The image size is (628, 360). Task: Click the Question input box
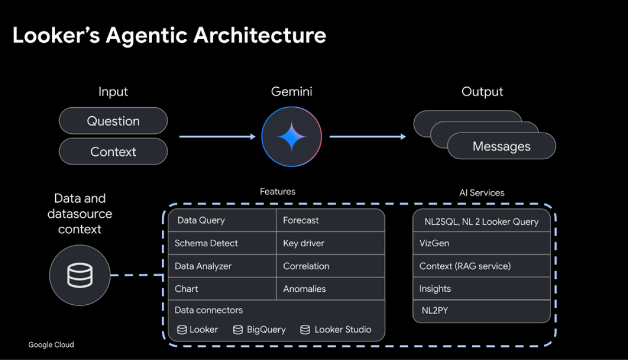click(x=113, y=121)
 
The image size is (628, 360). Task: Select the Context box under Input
click(x=113, y=152)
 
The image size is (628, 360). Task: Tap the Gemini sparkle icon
click(x=291, y=136)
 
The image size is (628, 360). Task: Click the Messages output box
click(x=501, y=146)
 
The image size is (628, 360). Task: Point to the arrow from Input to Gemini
click(x=217, y=136)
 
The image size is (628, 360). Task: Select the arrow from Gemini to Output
click(x=368, y=136)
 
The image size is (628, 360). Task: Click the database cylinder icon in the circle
click(x=80, y=275)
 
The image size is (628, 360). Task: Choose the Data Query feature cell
click(x=222, y=220)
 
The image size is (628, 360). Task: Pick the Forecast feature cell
click(x=330, y=220)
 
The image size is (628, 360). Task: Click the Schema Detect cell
click(x=222, y=243)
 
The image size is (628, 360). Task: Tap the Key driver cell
click(x=330, y=243)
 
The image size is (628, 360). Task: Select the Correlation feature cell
click(x=330, y=266)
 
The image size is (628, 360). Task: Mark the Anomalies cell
click(x=330, y=289)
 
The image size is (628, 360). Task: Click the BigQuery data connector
click(x=259, y=329)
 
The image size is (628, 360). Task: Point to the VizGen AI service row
click(x=481, y=243)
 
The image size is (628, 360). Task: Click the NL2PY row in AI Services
click(x=481, y=311)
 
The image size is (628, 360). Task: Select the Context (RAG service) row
click(x=481, y=266)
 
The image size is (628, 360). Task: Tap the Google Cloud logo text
click(x=51, y=345)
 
